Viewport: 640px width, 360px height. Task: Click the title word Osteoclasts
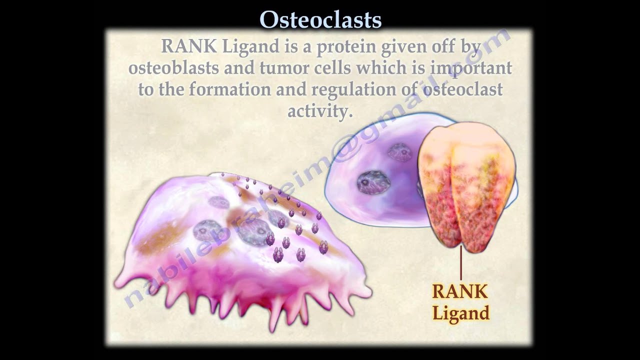tap(320, 20)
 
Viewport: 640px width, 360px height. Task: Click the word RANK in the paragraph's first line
tap(189, 46)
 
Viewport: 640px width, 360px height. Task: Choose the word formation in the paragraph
tap(229, 89)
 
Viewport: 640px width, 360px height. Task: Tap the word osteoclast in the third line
tap(462, 89)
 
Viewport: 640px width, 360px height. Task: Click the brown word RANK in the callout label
tap(460, 291)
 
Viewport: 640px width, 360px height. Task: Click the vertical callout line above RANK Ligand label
tap(461, 263)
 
